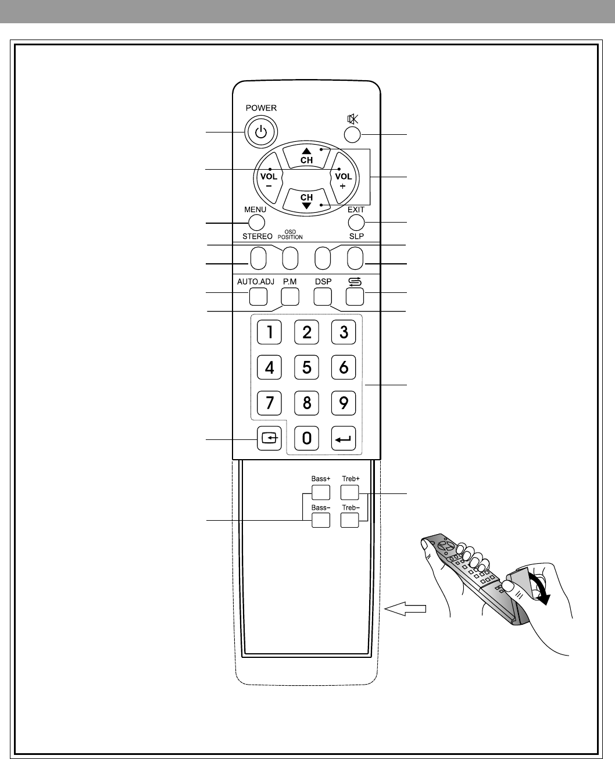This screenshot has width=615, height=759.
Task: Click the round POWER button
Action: coord(261,132)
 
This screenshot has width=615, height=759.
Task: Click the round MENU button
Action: coord(256,222)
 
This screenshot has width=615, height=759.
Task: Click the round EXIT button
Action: coord(356,222)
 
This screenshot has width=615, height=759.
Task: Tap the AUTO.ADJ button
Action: coord(258,296)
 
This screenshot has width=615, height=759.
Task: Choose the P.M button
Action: coord(289,296)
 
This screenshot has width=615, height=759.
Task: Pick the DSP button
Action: coord(322,296)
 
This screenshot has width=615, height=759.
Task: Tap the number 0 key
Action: coord(306,438)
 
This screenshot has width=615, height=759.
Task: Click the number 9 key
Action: coord(344,402)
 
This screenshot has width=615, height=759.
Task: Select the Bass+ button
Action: coord(320,492)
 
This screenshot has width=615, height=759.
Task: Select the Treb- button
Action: coord(349,520)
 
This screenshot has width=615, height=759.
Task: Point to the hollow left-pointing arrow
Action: coord(405,608)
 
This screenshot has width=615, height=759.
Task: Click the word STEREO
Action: coord(258,237)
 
